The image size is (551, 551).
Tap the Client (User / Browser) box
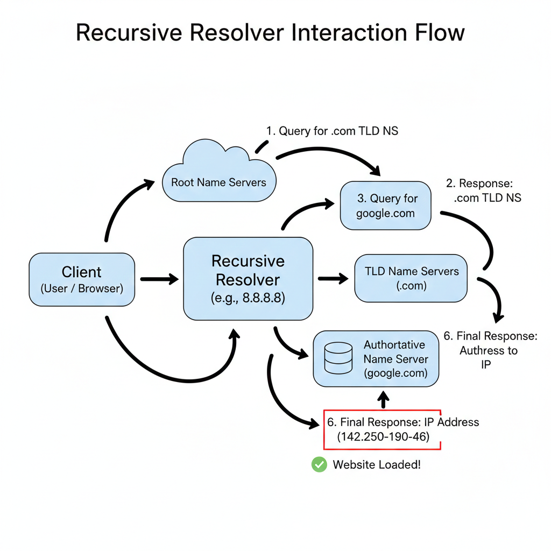coord(82,280)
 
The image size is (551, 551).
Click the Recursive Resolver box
coord(248,279)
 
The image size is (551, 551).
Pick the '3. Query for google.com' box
coord(386,206)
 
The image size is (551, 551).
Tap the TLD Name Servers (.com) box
coord(411,278)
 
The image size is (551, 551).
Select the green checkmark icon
coord(319,464)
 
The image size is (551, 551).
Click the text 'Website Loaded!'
coord(377,464)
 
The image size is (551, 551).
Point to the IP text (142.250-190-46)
coord(383,437)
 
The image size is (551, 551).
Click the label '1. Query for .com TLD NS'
coord(332,131)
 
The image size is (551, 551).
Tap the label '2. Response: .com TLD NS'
coord(484,190)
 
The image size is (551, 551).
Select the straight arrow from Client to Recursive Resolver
coord(159,279)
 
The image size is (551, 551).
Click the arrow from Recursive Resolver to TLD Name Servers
coord(333,279)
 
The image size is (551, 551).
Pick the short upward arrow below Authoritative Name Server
coord(383,400)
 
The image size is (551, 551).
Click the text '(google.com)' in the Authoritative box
coord(395,373)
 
